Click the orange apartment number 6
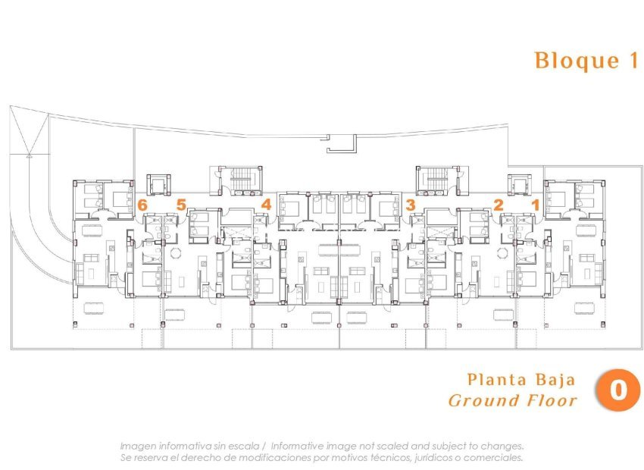[x=142, y=205]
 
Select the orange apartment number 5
[x=181, y=205]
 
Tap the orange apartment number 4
[x=266, y=204]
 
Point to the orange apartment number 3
[x=411, y=205]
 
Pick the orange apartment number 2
[x=499, y=205]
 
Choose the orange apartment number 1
[x=535, y=205]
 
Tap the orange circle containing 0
[x=617, y=390]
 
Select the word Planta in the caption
[x=496, y=380]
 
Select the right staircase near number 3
[x=437, y=180]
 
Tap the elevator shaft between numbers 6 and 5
[x=158, y=184]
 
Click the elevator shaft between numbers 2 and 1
[x=520, y=184]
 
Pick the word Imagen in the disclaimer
[x=138, y=446]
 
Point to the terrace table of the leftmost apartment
[x=94, y=308]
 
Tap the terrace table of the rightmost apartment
[x=584, y=308]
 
